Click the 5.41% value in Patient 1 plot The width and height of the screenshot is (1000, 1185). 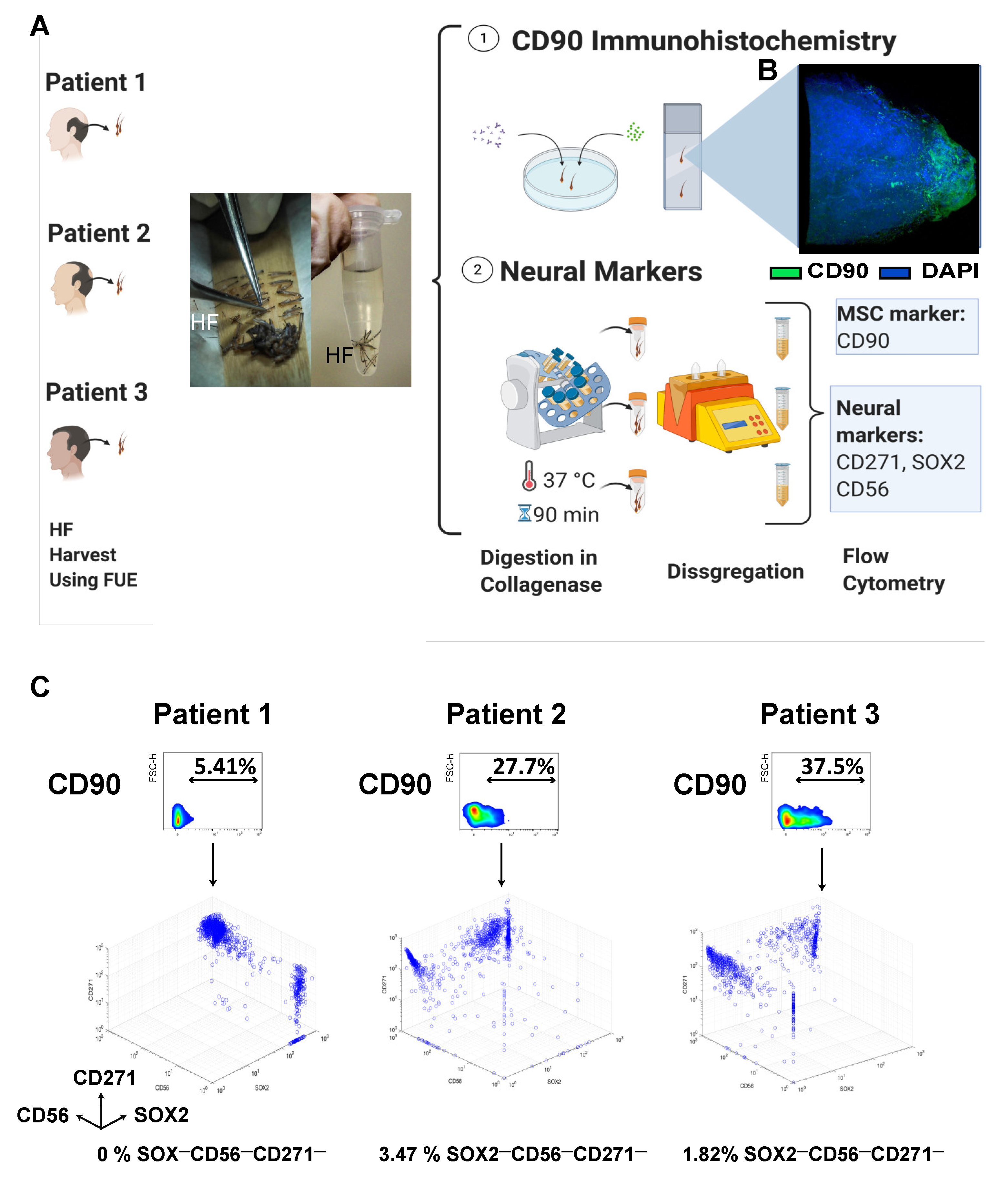(x=225, y=767)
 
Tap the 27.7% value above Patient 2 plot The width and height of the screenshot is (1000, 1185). (x=523, y=767)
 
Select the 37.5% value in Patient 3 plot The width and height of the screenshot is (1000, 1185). (x=832, y=767)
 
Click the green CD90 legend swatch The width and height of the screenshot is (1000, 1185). (x=785, y=273)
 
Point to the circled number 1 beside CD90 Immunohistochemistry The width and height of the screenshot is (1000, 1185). (x=483, y=38)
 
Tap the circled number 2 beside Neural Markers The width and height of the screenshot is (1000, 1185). (x=477, y=270)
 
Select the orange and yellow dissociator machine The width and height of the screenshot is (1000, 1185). (x=717, y=405)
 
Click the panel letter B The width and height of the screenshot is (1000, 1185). (x=768, y=71)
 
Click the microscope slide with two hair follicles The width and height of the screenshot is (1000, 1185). (x=682, y=157)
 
